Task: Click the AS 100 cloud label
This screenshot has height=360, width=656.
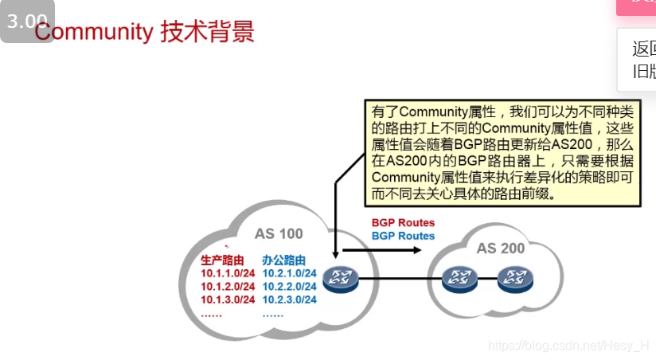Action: click(x=279, y=234)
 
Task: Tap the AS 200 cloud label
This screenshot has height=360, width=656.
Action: click(x=501, y=248)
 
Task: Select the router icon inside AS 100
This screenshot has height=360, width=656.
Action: click(x=341, y=278)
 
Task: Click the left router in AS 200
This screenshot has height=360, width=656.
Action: click(x=458, y=278)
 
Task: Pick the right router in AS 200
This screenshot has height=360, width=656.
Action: click(x=513, y=278)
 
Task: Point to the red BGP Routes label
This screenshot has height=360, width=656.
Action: click(x=403, y=223)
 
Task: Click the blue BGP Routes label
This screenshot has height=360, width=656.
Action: click(x=403, y=236)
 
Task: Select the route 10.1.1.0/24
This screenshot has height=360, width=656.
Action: click(x=228, y=274)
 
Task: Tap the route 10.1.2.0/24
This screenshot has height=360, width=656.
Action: click(x=228, y=287)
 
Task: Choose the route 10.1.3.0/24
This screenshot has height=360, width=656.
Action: click(x=228, y=299)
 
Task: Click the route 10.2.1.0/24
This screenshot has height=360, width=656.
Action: click(x=290, y=274)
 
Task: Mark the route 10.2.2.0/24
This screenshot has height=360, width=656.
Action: click(x=290, y=287)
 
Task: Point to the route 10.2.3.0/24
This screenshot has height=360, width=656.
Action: click(x=290, y=299)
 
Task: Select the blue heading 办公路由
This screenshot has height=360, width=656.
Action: click(x=283, y=260)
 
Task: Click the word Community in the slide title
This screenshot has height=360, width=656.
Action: click(x=94, y=33)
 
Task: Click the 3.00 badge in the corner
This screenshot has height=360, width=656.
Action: click(x=27, y=22)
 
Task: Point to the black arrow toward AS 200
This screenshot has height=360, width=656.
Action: click(x=382, y=250)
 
